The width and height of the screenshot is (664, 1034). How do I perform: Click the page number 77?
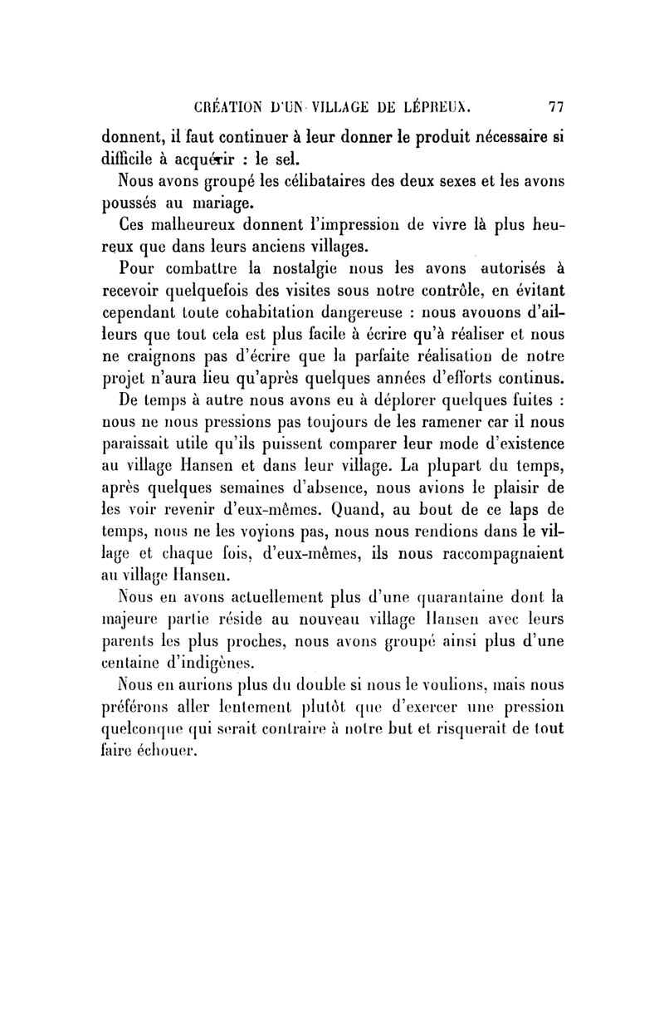556,106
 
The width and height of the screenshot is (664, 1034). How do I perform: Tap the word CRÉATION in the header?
227,106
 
